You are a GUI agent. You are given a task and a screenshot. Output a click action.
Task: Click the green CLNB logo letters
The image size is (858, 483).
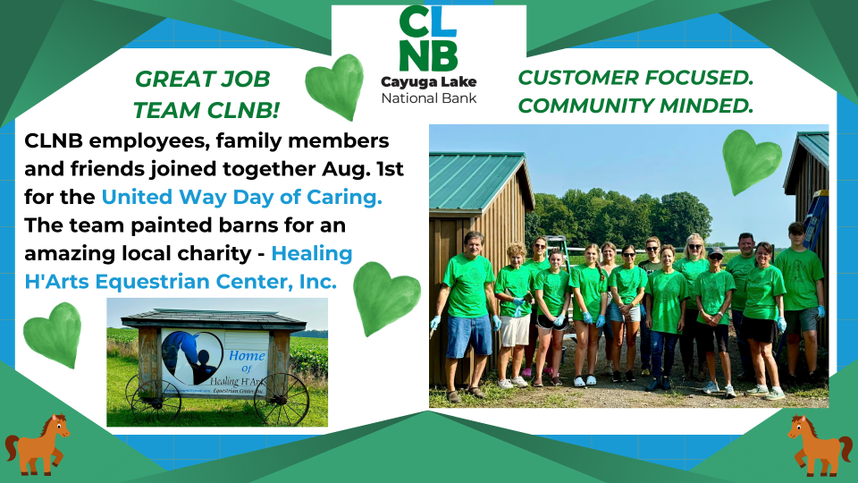428,38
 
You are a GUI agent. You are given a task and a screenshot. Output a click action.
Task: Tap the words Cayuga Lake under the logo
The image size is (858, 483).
428,82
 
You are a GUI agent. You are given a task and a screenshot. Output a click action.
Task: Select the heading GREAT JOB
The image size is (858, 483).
203,79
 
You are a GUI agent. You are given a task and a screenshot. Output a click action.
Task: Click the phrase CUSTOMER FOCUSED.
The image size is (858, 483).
635,78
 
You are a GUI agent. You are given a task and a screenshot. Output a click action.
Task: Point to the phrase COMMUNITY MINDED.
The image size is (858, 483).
635,106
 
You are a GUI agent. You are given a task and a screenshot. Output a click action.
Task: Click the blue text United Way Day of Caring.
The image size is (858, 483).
242,197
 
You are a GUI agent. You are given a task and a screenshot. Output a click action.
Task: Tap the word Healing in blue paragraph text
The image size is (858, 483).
312,253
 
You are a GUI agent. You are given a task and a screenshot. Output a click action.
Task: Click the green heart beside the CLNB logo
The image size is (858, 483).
334,87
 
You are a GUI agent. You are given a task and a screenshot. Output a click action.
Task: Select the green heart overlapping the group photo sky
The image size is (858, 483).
751,162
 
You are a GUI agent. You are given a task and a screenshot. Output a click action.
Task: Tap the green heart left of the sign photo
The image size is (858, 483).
53,335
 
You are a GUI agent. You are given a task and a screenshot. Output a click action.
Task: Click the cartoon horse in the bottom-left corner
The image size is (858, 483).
37,445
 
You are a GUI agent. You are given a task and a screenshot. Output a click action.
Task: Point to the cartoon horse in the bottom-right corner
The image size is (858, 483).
820,445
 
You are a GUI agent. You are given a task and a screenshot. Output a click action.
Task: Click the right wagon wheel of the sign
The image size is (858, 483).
282,399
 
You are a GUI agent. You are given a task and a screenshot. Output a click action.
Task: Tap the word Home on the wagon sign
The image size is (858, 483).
247,355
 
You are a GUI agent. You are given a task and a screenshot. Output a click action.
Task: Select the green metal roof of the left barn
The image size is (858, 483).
475,182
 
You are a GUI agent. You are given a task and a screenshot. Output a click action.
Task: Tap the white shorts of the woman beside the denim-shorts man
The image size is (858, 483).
515,330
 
